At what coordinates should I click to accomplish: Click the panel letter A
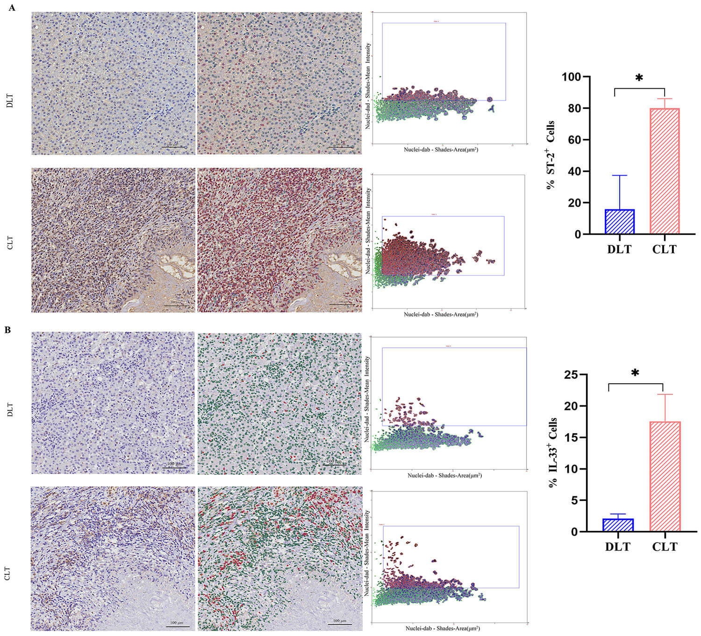[12, 8]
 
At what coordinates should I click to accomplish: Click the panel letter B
[8, 330]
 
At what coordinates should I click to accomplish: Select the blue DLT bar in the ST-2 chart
[620, 222]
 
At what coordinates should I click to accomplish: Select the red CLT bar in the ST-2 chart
[664, 171]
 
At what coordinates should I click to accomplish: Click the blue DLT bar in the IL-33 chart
[618, 525]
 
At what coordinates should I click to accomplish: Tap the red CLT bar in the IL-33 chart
[665, 477]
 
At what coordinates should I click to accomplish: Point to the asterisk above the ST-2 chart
[639, 78]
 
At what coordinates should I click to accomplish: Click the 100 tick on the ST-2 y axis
[573, 77]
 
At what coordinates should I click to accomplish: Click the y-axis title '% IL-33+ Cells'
[553, 452]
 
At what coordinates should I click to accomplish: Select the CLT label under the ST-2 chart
[664, 250]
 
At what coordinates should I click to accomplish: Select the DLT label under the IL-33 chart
[617, 547]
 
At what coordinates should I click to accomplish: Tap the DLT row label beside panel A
[10, 101]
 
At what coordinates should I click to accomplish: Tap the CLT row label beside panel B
[8, 573]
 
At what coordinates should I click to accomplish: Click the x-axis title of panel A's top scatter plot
[441, 150]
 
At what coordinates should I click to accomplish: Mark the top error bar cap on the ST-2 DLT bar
[620, 175]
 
